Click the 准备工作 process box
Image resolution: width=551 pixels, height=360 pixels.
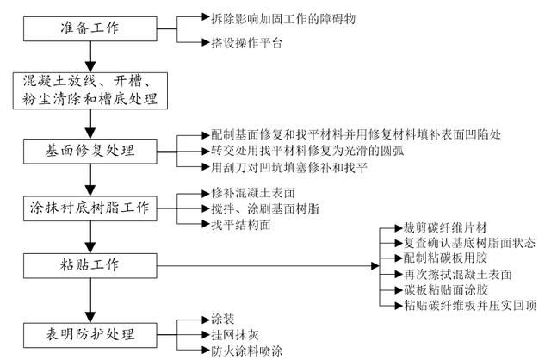pyautogui.click(x=90, y=27)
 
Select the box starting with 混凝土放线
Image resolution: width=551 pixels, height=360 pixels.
pyautogui.click(x=90, y=89)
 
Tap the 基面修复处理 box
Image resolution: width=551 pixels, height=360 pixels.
pyautogui.click(x=90, y=150)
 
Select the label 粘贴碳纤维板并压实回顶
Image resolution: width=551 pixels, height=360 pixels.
pyautogui.click(x=465, y=304)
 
